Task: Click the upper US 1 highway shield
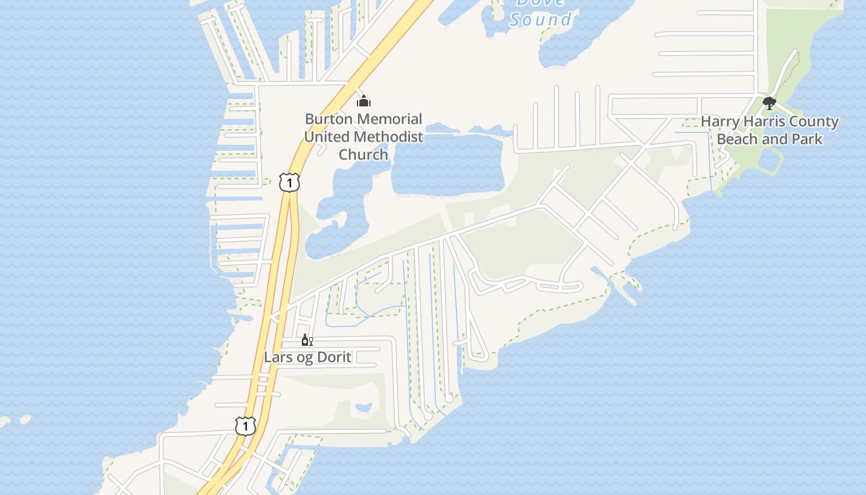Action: tap(289, 183)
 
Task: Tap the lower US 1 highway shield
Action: tap(246, 426)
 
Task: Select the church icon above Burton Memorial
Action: tap(364, 101)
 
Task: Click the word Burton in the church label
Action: tap(328, 119)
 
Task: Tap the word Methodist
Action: tap(388, 137)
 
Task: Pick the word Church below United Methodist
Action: tap(363, 155)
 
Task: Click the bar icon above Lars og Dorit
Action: tap(307, 340)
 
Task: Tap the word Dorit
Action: tap(335, 357)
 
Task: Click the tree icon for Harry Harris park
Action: tap(770, 103)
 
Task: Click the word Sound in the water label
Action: tap(541, 20)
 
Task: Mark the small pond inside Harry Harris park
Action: tap(768, 160)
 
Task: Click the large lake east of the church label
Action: tap(448, 164)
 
